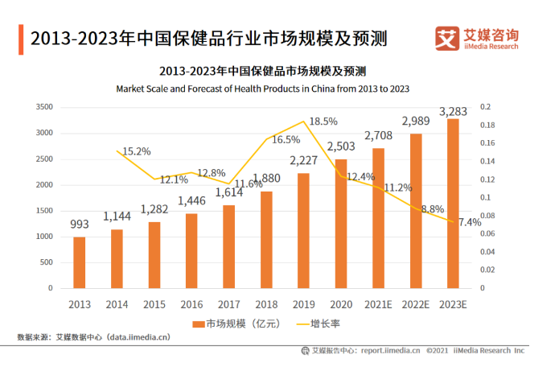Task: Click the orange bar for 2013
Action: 79,262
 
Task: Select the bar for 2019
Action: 303,230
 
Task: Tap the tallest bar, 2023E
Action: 454,203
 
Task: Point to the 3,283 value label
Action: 454,110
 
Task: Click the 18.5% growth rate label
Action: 323,122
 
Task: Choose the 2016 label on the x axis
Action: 191,304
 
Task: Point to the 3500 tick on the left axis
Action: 45,107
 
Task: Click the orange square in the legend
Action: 198,324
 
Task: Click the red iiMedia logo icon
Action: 446,38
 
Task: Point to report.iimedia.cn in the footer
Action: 390,351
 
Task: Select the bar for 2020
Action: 341,223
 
